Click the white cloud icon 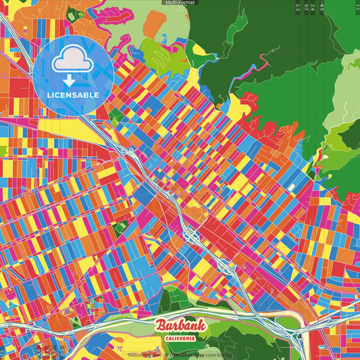(73, 62)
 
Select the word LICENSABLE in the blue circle (73, 95)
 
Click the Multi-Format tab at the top (180, 3)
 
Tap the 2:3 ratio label (298, 7)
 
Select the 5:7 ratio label (306, 7)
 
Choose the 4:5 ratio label (322, 7)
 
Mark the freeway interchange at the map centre (192, 236)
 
